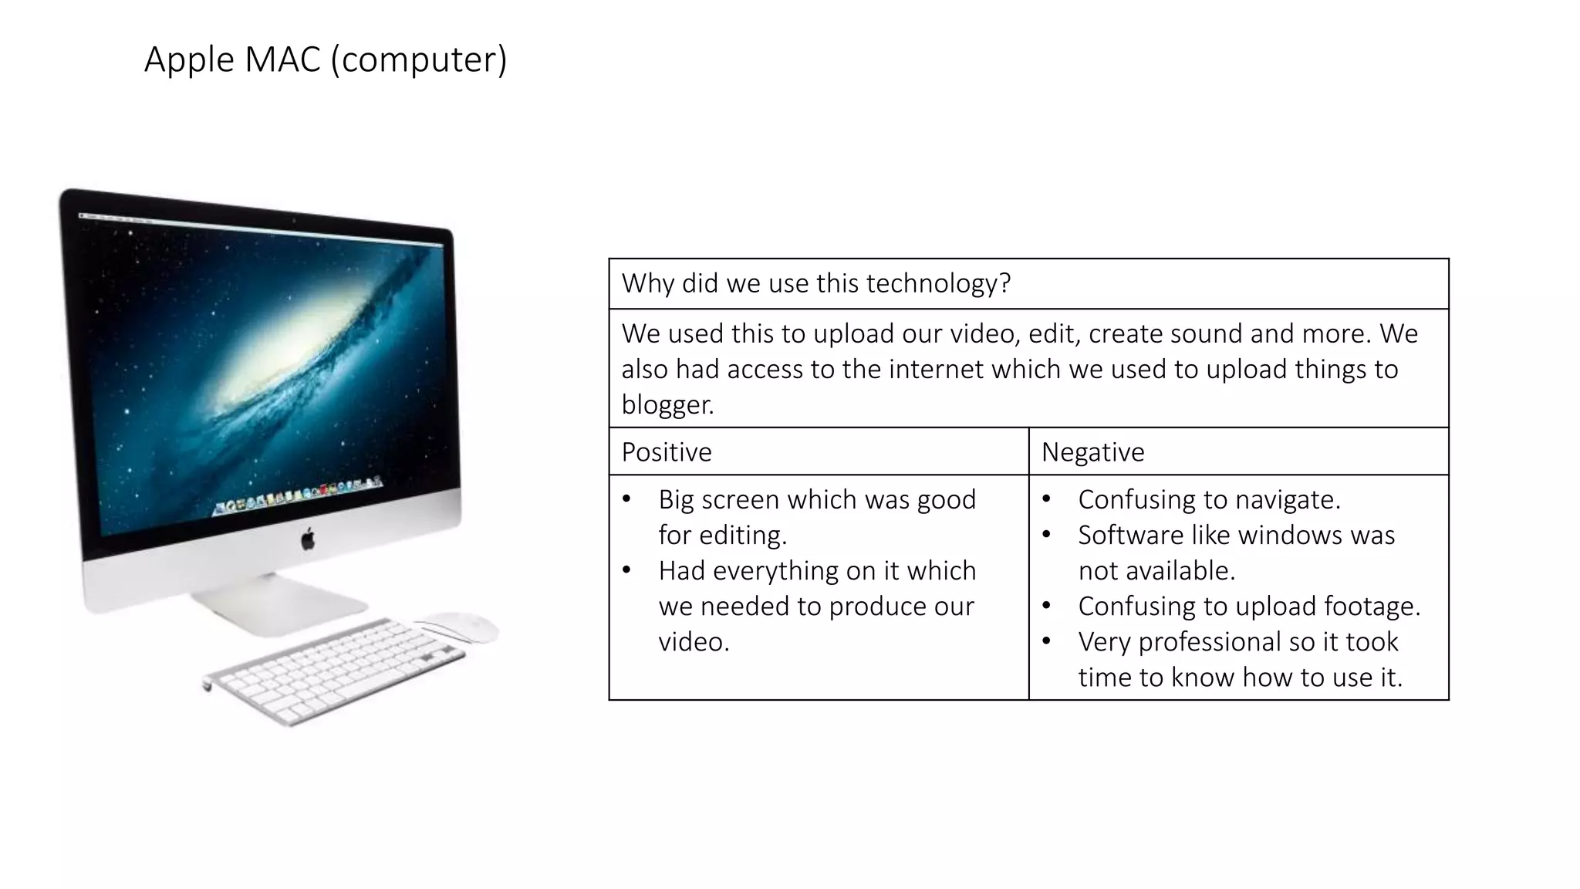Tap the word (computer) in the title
coord(419,60)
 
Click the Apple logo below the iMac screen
coord(308,539)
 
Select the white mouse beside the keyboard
coord(457,627)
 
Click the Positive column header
coord(667,452)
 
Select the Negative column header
coord(1092,452)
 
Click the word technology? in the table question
coord(938,283)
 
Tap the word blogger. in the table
coord(668,404)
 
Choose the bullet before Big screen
coord(626,499)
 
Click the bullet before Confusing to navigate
coord(1046,499)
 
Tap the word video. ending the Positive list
coord(694,641)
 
